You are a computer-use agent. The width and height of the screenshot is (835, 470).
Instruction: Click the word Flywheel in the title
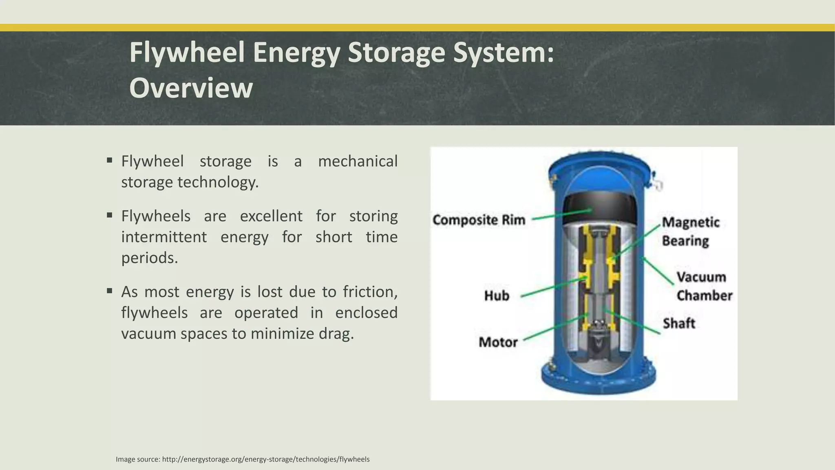click(x=187, y=53)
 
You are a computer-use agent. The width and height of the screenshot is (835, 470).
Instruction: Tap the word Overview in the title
click(x=191, y=88)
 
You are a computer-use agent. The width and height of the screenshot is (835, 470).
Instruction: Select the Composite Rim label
click(x=479, y=220)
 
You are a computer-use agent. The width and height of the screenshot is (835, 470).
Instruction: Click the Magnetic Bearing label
click(x=690, y=231)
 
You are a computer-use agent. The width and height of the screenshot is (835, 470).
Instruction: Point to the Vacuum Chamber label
click(x=704, y=286)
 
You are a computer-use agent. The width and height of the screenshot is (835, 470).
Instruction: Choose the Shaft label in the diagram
click(x=678, y=323)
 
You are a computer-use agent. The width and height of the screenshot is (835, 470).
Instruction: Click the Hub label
click(x=497, y=295)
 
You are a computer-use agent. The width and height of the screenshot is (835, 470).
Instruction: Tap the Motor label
click(x=498, y=342)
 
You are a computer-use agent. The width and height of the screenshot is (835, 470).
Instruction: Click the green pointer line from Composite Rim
click(x=562, y=215)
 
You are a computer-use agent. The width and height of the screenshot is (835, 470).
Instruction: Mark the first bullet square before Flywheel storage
click(x=109, y=160)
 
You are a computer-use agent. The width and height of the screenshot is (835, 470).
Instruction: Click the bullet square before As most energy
click(x=109, y=291)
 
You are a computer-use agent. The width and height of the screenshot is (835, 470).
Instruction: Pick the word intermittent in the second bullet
click(x=163, y=237)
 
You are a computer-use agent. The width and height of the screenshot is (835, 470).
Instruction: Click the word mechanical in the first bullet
click(x=357, y=161)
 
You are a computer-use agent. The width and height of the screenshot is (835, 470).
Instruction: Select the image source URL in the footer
click(x=265, y=459)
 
